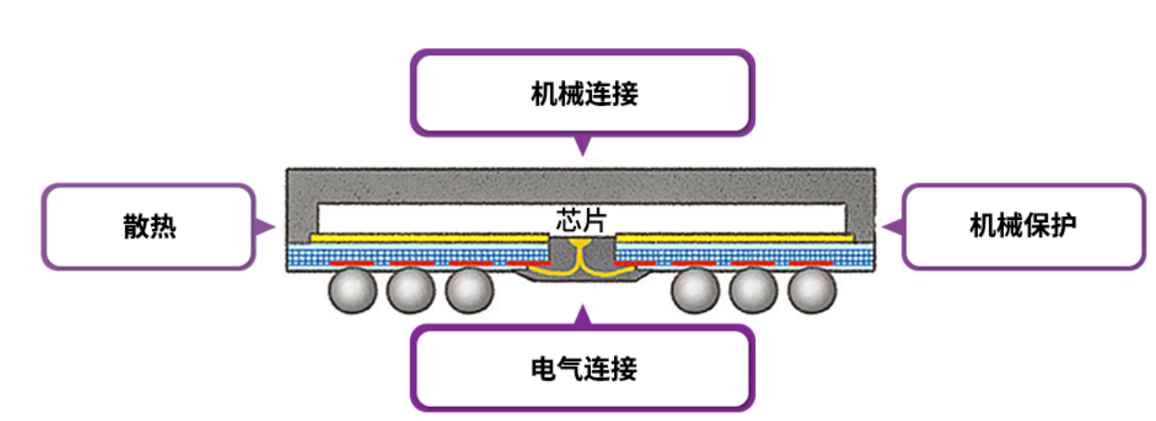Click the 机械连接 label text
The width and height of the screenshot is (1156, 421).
(584, 95)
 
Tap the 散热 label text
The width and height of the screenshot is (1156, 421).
(149, 227)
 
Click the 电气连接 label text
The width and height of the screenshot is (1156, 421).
(584, 369)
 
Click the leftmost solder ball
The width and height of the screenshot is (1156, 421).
(352, 292)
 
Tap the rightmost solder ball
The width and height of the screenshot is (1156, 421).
(812, 292)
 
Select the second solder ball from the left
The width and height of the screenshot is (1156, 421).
(410, 292)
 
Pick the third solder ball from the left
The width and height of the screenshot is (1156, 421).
(469, 292)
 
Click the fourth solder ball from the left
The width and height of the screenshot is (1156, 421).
(695, 292)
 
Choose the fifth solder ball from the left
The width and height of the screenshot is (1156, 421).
(754, 292)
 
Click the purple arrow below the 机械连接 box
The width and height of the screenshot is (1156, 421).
(582, 146)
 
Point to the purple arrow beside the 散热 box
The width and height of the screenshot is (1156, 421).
(265, 227)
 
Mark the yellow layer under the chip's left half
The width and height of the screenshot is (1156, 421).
(429, 238)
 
